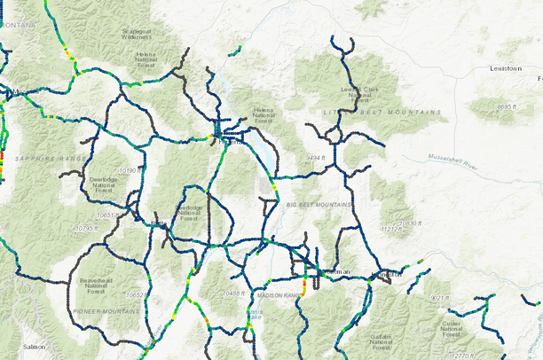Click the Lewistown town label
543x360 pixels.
(x=507, y=68)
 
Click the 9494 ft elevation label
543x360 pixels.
(x=317, y=157)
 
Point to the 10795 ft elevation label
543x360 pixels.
(x=88, y=228)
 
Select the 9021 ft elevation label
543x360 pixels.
(x=439, y=298)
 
